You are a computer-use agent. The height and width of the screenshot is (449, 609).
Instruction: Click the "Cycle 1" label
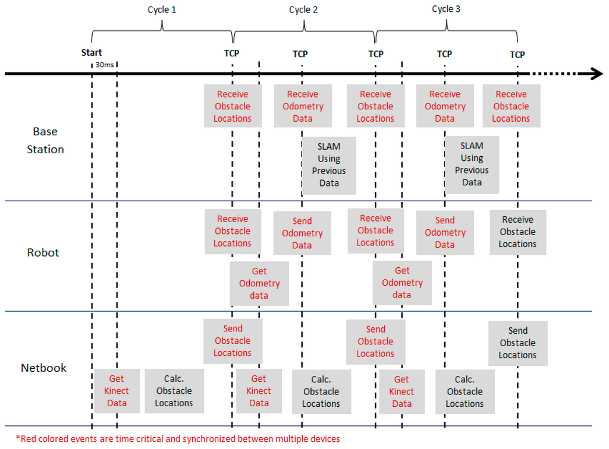tap(162, 10)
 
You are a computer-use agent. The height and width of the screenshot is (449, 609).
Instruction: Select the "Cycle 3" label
tap(446, 9)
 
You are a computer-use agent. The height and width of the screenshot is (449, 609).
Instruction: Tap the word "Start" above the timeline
tap(92, 53)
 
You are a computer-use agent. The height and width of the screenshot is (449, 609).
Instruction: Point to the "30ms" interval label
tap(105, 64)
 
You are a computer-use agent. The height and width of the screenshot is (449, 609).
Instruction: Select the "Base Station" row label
tap(45, 140)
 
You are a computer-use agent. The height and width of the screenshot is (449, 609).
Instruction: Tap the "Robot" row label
tap(43, 252)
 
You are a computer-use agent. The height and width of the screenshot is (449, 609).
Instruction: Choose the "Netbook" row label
tap(44, 368)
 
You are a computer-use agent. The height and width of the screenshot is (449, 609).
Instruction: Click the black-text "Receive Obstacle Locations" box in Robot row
tap(517, 232)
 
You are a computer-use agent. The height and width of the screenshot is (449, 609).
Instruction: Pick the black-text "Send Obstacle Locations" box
tap(517, 343)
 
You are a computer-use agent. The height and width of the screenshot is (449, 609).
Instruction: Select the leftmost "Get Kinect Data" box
tap(117, 391)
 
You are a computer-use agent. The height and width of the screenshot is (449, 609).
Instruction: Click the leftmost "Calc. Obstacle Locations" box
tap(174, 391)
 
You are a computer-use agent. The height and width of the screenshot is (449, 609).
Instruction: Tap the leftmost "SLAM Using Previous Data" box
tap(329, 165)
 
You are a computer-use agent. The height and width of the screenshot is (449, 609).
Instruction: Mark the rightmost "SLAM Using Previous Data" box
tap(472, 164)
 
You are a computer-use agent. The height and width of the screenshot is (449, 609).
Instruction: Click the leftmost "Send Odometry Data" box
tap(302, 233)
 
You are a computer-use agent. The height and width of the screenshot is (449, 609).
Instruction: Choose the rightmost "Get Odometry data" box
tap(402, 283)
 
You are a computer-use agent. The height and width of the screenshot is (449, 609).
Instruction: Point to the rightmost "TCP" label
tap(517, 54)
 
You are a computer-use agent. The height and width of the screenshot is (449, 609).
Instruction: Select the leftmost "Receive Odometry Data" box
tap(303, 106)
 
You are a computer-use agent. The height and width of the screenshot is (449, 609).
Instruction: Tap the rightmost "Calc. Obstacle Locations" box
tap(464, 391)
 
